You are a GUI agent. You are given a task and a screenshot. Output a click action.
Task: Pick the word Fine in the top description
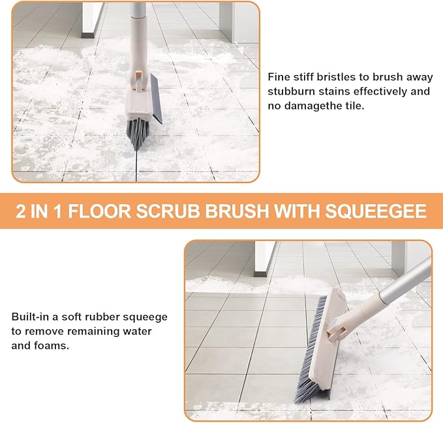click(279, 77)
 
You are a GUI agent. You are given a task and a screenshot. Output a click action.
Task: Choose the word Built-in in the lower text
click(31, 317)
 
